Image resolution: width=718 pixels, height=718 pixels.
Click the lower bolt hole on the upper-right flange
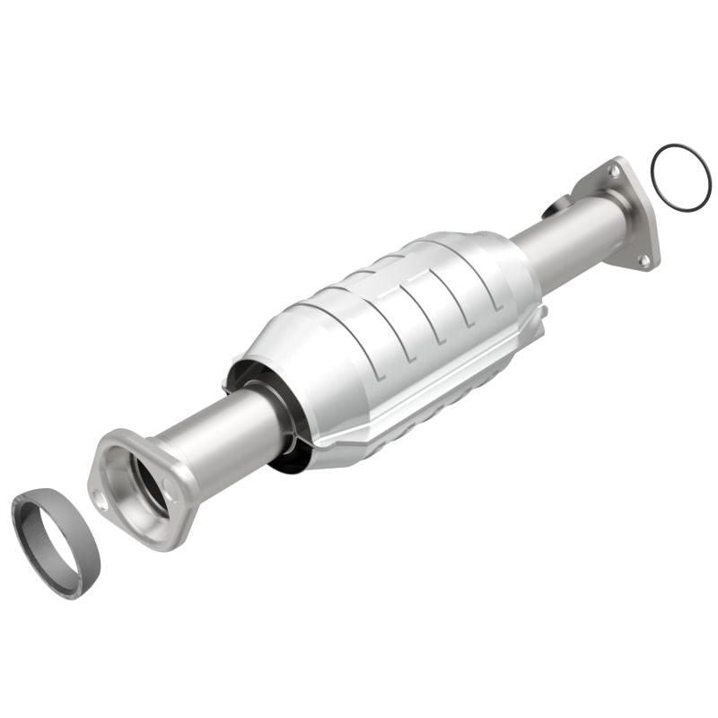click(643, 260)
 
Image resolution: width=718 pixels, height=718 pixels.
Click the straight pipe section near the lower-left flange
click(224, 440)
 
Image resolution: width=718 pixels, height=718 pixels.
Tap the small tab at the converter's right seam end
click(541, 312)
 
